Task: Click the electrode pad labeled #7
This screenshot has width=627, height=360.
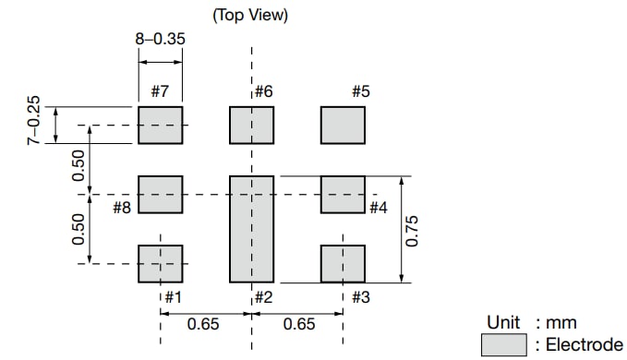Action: click(x=160, y=125)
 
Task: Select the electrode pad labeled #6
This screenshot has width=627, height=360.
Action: click(x=251, y=125)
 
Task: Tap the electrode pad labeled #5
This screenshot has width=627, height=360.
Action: click(x=343, y=125)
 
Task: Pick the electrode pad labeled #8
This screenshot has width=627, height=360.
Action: click(x=160, y=194)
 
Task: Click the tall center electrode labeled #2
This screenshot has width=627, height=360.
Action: click(x=251, y=229)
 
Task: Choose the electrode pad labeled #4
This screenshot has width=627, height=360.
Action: click(x=343, y=194)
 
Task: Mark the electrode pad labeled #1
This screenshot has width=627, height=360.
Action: click(x=160, y=263)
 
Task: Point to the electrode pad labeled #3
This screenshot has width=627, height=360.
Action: click(x=343, y=263)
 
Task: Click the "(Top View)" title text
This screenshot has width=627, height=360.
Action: click(x=251, y=15)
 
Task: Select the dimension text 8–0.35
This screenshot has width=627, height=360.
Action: click(x=160, y=40)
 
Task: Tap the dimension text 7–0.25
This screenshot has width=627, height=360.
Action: click(x=33, y=118)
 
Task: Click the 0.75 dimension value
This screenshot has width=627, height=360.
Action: click(x=413, y=230)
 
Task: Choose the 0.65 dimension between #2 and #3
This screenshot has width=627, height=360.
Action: click(x=298, y=324)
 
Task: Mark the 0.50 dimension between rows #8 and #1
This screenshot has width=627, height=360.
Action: click(x=79, y=230)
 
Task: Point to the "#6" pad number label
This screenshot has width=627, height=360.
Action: click(x=263, y=91)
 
